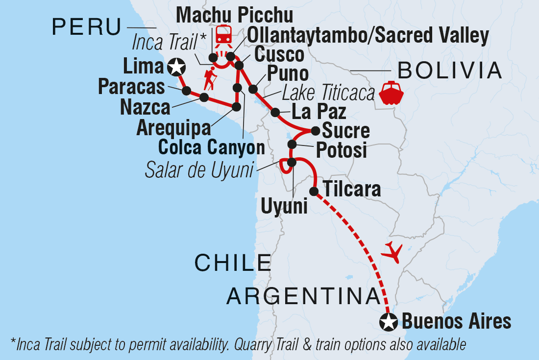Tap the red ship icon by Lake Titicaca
pos(391,92)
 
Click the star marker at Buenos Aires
pos(389,322)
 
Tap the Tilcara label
pos(352,190)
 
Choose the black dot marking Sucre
pos(316,131)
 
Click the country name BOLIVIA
pos(450,72)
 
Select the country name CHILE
pos(233,263)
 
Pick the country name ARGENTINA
pos(304,297)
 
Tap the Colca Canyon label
pos(211,147)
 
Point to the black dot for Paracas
pos(186,91)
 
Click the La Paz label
pos(319,112)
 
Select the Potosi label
pos(341,151)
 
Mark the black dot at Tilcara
pos(314,191)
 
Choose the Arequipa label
pos(173,128)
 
